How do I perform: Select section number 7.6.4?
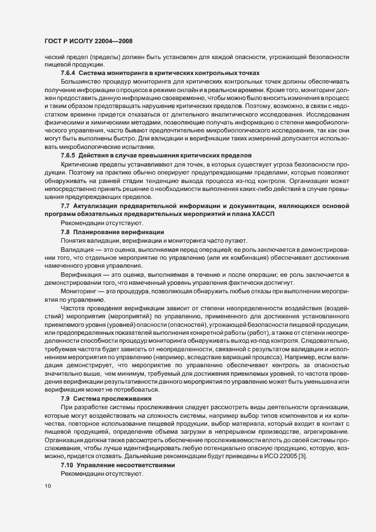[68, 73]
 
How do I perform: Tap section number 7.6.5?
[68, 155]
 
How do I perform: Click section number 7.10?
[69, 465]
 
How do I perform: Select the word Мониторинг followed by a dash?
[79, 292]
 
